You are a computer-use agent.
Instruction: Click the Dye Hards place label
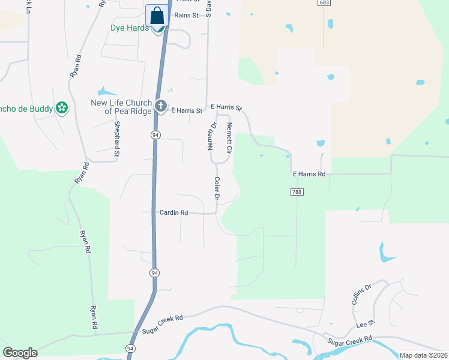pyautogui.click(x=129, y=28)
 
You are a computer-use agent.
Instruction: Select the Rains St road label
pyautogui.click(x=186, y=16)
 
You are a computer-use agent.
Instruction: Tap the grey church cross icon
pyautogui.click(x=160, y=106)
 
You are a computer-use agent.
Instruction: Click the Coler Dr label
pyautogui.click(x=217, y=188)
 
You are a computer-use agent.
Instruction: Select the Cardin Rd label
pyautogui.click(x=174, y=212)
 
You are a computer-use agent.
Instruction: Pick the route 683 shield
pyautogui.click(x=324, y=3)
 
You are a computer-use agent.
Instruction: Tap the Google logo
pyautogui.click(x=20, y=353)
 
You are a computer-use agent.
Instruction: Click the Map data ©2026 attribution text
pyautogui.click(x=423, y=355)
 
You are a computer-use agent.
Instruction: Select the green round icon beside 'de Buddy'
pyautogui.click(x=61, y=108)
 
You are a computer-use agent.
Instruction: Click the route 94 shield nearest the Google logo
pyautogui.click(x=130, y=349)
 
